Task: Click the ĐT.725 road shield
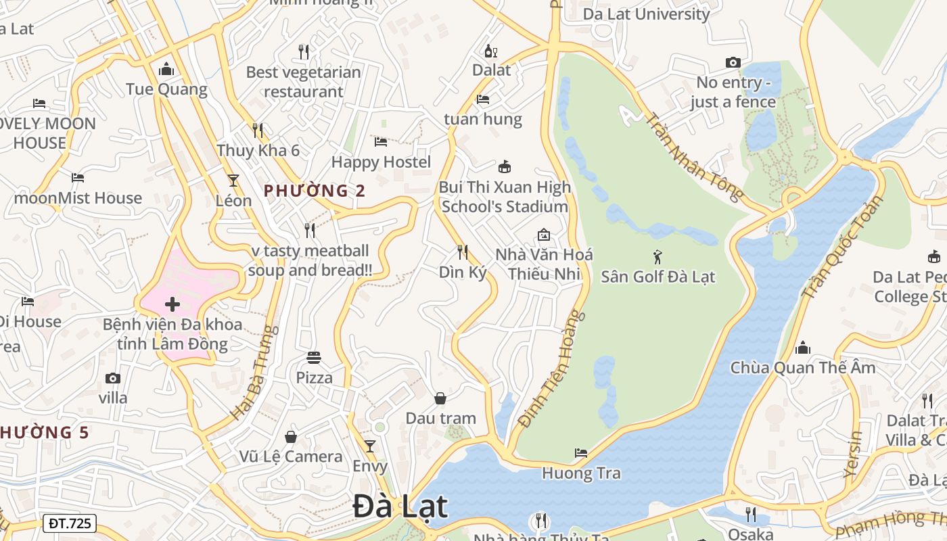click(x=70, y=523)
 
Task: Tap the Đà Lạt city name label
click(x=400, y=507)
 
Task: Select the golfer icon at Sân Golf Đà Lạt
click(x=657, y=257)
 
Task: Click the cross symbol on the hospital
click(x=172, y=304)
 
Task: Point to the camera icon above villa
click(x=113, y=378)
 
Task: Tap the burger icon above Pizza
click(x=314, y=357)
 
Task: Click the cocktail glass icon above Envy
click(x=369, y=446)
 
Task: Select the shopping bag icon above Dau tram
click(x=440, y=398)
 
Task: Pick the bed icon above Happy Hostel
click(x=381, y=142)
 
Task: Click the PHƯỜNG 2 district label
click(x=315, y=191)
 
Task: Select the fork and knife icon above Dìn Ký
click(x=463, y=252)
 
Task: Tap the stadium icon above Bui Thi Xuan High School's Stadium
click(x=504, y=167)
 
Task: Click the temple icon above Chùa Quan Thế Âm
click(x=803, y=348)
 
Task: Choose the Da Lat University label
click(x=646, y=14)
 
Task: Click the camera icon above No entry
click(x=733, y=63)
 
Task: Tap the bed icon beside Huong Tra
click(x=581, y=453)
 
